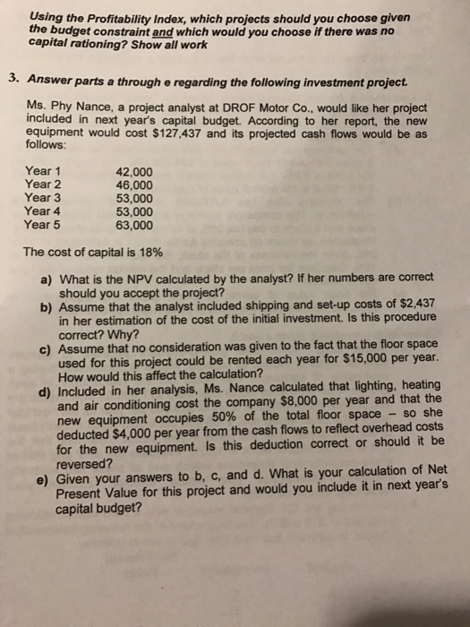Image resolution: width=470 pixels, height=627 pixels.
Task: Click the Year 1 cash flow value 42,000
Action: pyautogui.click(x=134, y=170)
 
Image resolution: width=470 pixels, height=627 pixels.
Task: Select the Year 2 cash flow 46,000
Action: pyautogui.click(x=134, y=184)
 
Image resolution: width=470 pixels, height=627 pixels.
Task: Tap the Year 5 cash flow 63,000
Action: pyautogui.click(x=134, y=225)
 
